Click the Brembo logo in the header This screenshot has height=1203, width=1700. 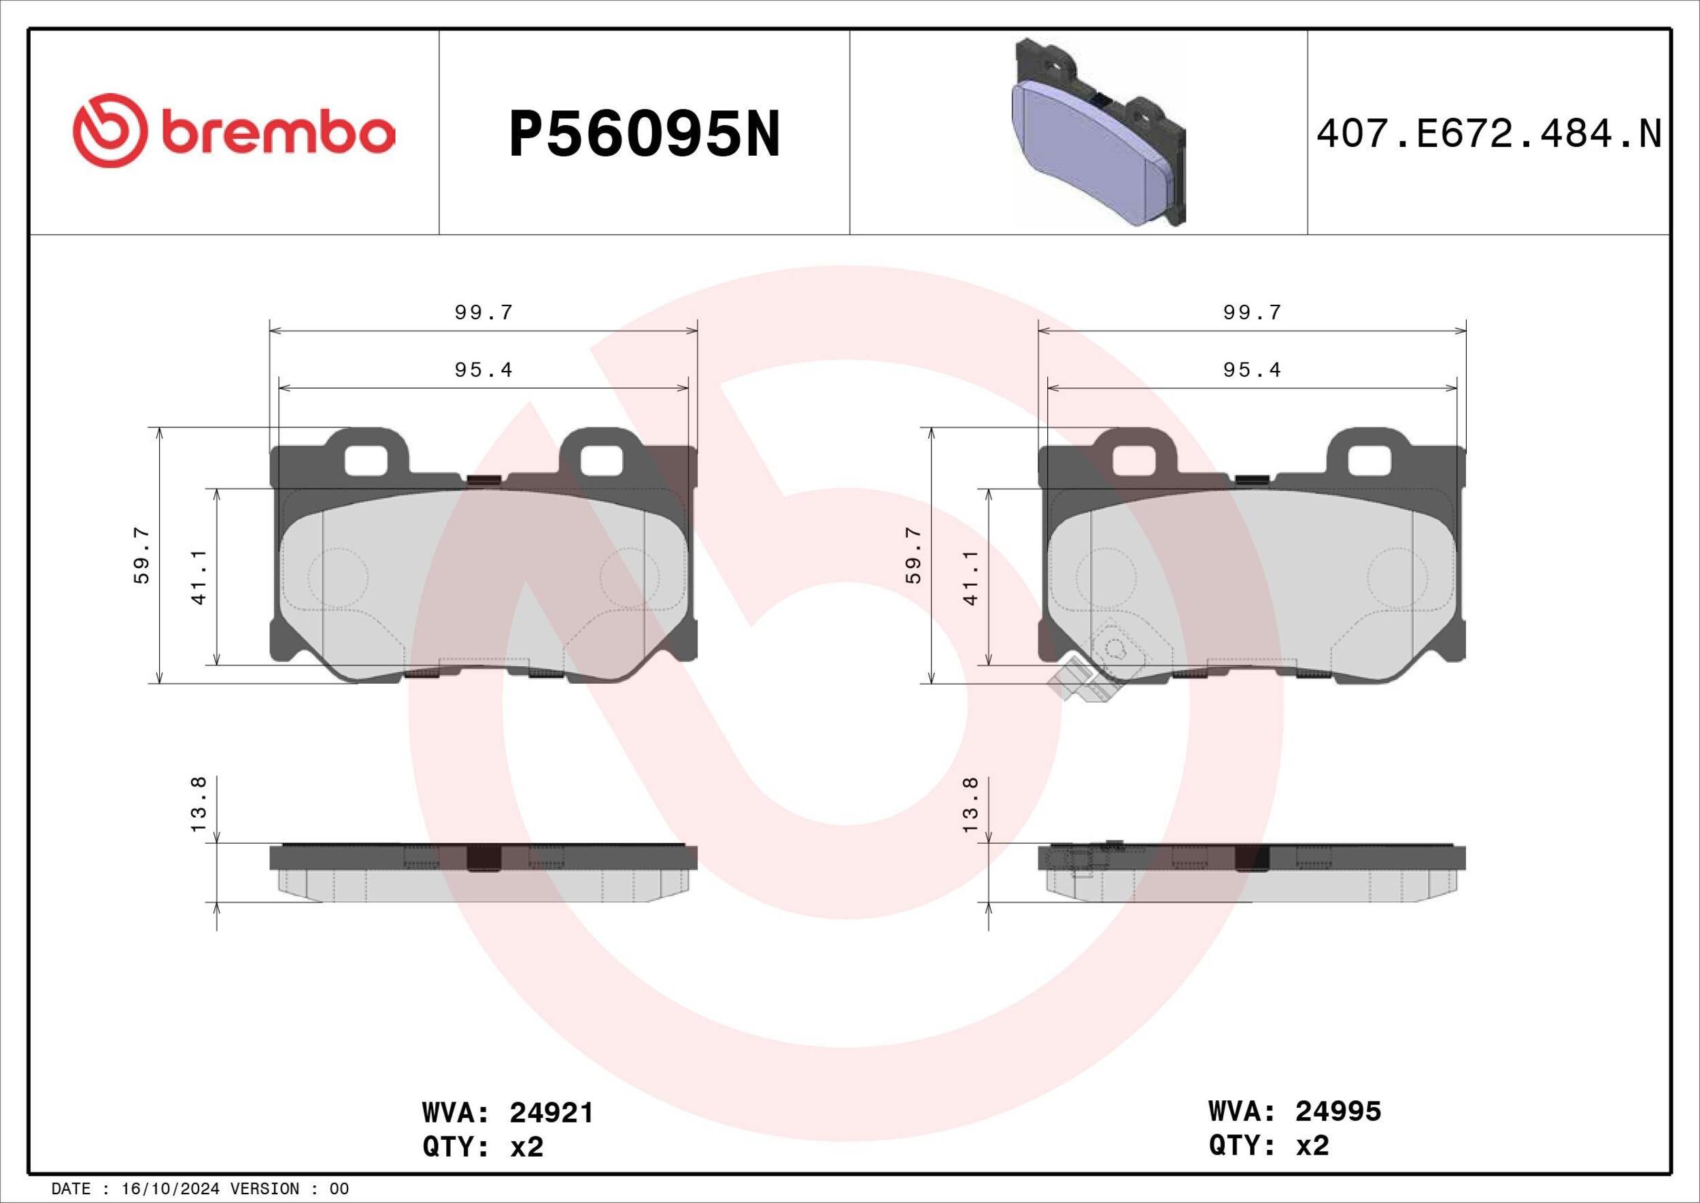(234, 131)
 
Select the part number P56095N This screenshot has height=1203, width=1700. (644, 134)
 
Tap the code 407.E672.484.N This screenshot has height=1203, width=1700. (1489, 134)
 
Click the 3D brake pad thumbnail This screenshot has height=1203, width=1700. (1098, 132)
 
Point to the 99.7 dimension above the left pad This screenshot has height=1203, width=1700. (483, 312)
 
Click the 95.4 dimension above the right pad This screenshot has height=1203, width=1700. (1252, 369)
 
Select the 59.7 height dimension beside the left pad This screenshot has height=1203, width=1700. (141, 556)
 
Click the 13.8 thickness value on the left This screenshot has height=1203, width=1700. (199, 804)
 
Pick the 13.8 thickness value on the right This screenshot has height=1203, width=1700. (970, 804)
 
